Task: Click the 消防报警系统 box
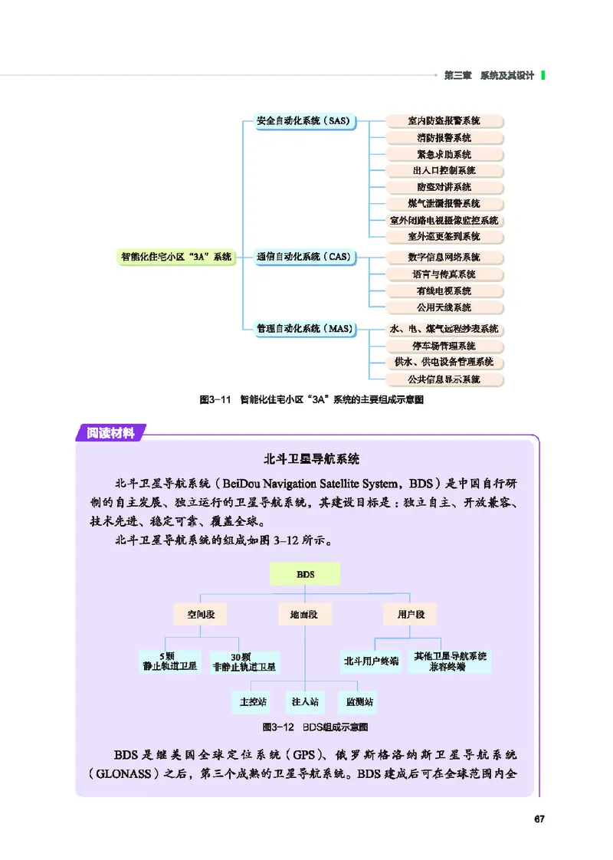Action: click(x=444, y=138)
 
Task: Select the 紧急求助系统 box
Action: click(x=444, y=154)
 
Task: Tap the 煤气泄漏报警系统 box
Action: click(x=444, y=204)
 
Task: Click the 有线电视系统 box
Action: click(x=444, y=291)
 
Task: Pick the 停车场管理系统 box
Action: click(x=444, y=346)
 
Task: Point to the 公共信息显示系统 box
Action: click(x=444, y=379)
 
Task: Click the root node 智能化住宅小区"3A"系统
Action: click(x=176, y=258)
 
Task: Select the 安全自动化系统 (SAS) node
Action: click(x=303, y=121)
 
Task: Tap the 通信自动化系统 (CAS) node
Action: click(x=303, y=258)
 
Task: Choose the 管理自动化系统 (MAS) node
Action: click(x=303, y=329)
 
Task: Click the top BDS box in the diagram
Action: click(x=305, y=574)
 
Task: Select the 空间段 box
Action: click(x=200, y=614)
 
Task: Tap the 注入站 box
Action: click(x=305, y=701)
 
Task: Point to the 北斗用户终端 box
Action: click(x=372, y=661)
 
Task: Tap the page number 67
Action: click(x=539, y=820)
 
